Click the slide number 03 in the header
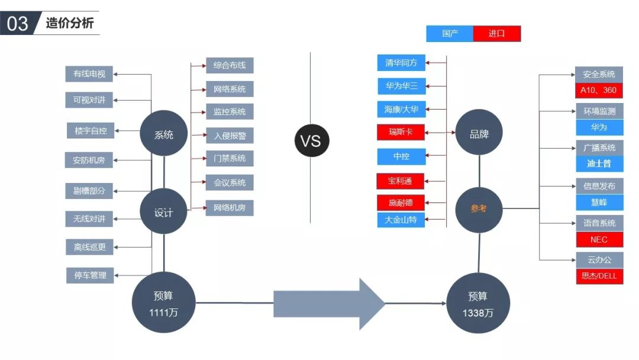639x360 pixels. coord(18,24)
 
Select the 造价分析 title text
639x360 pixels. coord(69,24)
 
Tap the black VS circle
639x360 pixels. coord(311,141)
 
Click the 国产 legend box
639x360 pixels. coord(450,34)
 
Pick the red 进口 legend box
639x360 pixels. coord(497,34)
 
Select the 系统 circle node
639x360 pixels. coord(164,134)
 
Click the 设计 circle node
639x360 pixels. coord(164,212)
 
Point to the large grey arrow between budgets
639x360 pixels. coord(328,303)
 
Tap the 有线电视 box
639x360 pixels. coord(89,74)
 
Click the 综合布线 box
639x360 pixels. coord(230,65)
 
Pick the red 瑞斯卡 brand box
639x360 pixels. coord(401,132)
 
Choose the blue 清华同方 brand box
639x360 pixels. coord(401,63)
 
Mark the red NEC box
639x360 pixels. coord(599,240)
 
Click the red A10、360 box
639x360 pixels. coord(599,90)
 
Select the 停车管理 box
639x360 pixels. coord(90,275)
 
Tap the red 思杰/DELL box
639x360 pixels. coord(599,277)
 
